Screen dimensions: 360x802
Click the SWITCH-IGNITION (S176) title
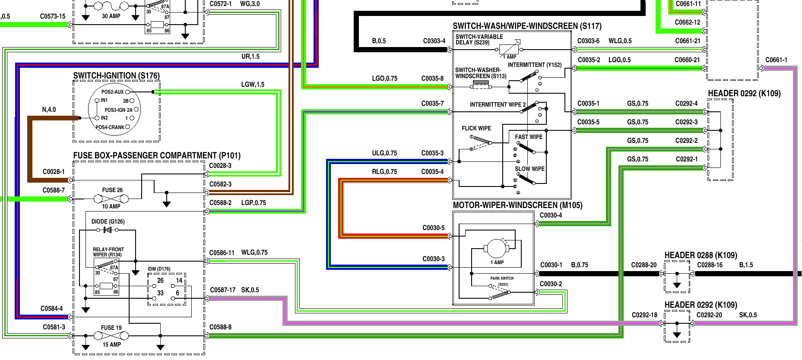tap(116, 76)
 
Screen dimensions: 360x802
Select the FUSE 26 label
tap(112, 190)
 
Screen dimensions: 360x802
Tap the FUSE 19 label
tap(111, 328)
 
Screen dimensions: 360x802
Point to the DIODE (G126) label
tap(108, 221)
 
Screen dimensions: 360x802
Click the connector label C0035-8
tap(432, 79)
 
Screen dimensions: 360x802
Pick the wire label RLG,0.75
tap(384, 172)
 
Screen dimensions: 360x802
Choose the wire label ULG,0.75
tap(384, 153)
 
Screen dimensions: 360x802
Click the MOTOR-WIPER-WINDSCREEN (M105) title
tap(517, 205)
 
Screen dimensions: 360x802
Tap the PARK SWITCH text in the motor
tap(502, 278)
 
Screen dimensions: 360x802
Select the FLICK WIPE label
tap(476, 128)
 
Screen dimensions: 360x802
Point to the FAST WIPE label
tap(529, 137)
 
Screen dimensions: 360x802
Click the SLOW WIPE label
tap(529, 169)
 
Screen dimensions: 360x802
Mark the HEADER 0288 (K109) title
tap(701, 255)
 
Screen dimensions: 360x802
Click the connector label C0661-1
tap(776, 60)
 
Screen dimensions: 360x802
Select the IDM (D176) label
tap(159, 269)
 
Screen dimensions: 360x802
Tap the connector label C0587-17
tap(223, 290)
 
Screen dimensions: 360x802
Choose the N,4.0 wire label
tap(49, 110)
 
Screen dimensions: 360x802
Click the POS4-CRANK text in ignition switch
tap(110, 127)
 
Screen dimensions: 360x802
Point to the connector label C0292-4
tap(686, 104)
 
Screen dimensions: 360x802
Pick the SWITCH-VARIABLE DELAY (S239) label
tap(479, 40)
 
